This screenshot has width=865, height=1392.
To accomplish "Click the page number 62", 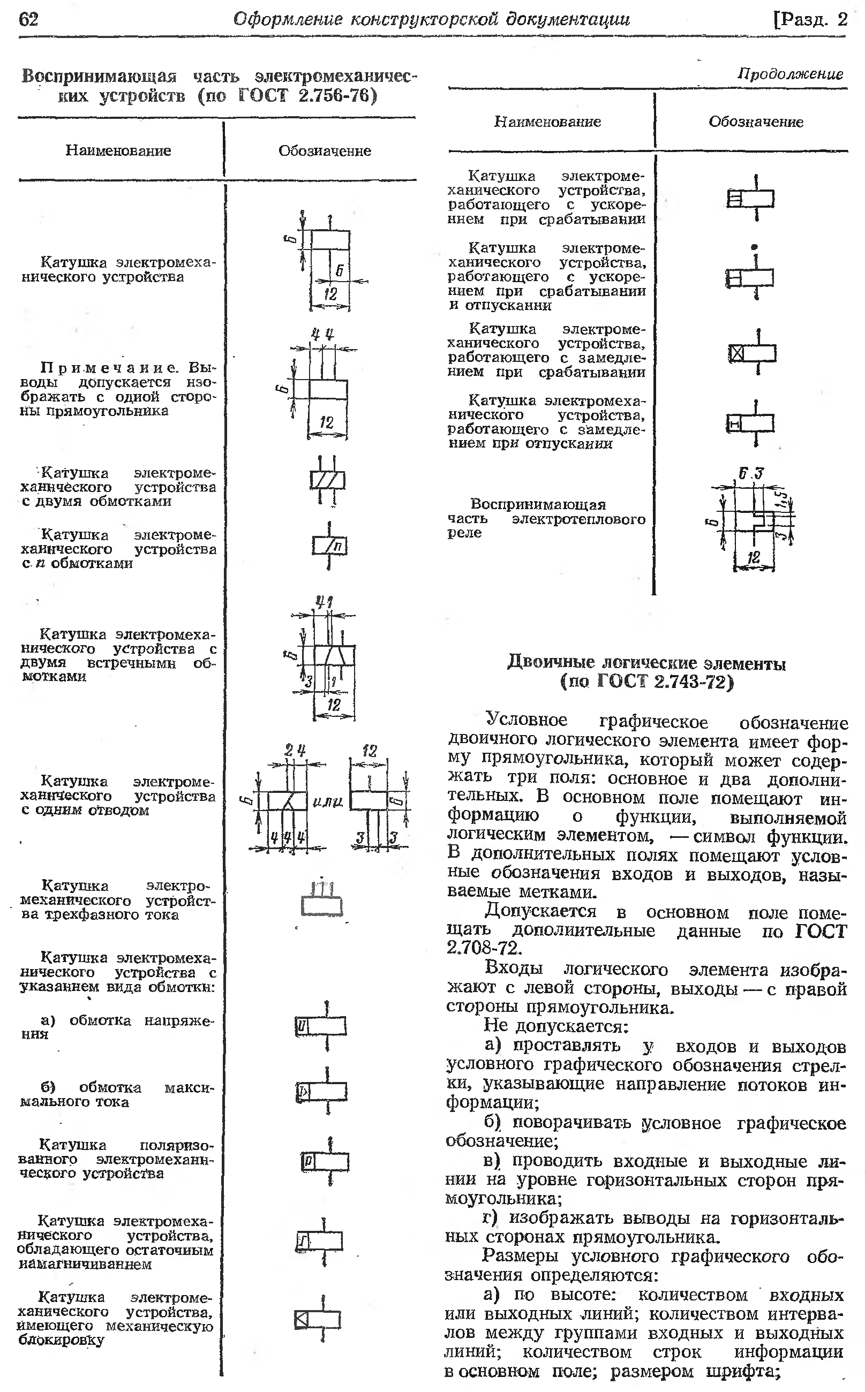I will (x=28, y=19).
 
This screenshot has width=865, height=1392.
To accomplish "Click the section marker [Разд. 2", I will (x=809, y=20).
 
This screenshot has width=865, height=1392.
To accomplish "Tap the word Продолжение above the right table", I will (x=790, y=74).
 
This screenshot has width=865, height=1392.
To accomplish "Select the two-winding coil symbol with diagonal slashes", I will (x=327, y=480).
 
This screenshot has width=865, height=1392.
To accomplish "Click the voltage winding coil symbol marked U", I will (x=321, y=1026).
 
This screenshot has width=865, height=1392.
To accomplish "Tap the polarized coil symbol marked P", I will (x=325, y=1162).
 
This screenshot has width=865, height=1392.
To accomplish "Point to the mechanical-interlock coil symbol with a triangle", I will (x=318, y=1319).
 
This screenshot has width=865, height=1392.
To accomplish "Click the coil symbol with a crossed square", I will (x=752, y=353).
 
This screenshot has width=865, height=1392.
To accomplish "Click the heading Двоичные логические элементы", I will (x=646, y=663).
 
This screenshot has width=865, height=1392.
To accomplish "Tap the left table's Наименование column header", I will (x=118, y=150).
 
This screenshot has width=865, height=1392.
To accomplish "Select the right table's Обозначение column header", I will (x=756, y=122).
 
